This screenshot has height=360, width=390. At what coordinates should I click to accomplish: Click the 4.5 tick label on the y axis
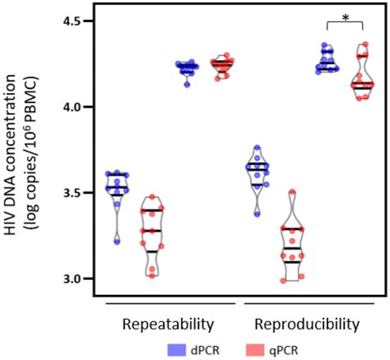pyautogui.click(x=75, y=21)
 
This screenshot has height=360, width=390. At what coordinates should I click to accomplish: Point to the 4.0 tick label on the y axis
pyautogui.click(x=75, y=106)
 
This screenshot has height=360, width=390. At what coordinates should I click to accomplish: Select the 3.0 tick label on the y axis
pyautogui.click(x=75, y=278)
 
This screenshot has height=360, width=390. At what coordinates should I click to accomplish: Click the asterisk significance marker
pyautogui.click(x=346, y=16)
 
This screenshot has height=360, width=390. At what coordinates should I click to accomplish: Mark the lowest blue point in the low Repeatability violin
pyautogui.click(x=117, y=241)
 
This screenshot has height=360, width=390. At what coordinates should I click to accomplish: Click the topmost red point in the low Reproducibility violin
pyautogui.click(x=291, y=192)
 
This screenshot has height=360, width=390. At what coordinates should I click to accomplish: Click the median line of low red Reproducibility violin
pyautogui.click(x=290, y=247)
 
